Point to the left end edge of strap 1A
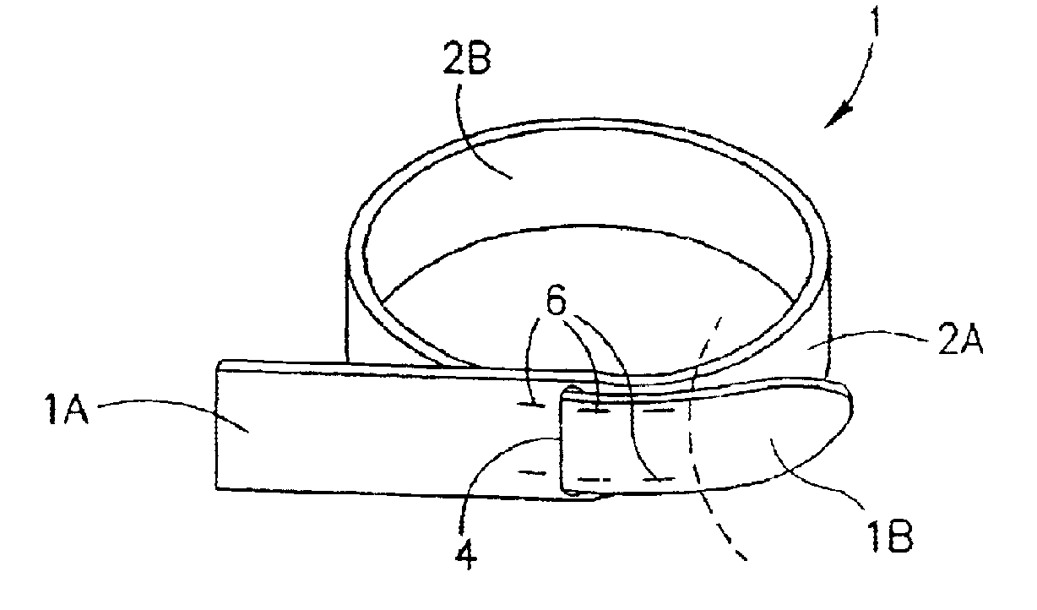click(217, 427)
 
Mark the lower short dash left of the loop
click(535, 471)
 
